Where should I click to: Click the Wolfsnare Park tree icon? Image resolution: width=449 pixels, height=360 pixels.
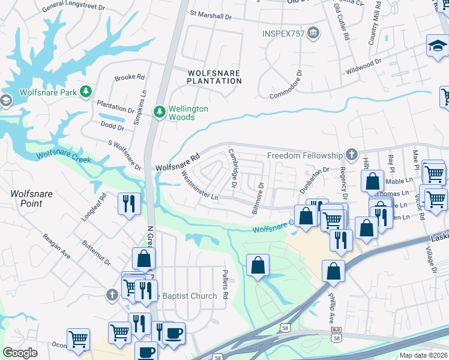point(87,92)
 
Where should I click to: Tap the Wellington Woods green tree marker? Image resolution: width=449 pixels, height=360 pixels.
point(160,112)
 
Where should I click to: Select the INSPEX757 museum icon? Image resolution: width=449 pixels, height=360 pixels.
point(312,32)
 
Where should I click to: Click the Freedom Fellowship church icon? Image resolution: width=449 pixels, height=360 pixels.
point(351,155)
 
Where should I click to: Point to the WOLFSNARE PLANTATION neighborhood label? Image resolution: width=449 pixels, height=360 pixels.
point(214,77)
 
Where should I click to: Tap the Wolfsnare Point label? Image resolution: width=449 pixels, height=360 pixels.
point(26,199)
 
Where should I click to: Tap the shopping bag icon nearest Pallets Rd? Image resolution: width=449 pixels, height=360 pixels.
point(258,264)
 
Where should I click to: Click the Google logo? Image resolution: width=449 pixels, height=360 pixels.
point(20,353)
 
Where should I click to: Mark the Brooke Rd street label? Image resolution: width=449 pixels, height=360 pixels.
point(130,77)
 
